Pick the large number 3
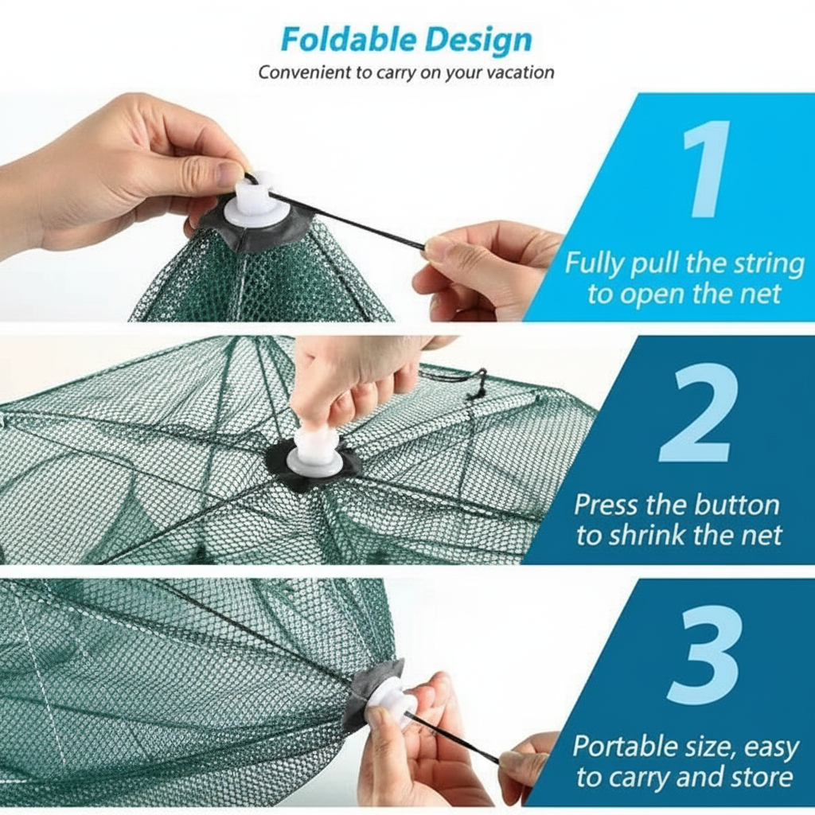(x=705, y=656)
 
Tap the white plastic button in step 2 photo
(x=314, y=451)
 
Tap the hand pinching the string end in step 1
(x=483, y=267)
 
